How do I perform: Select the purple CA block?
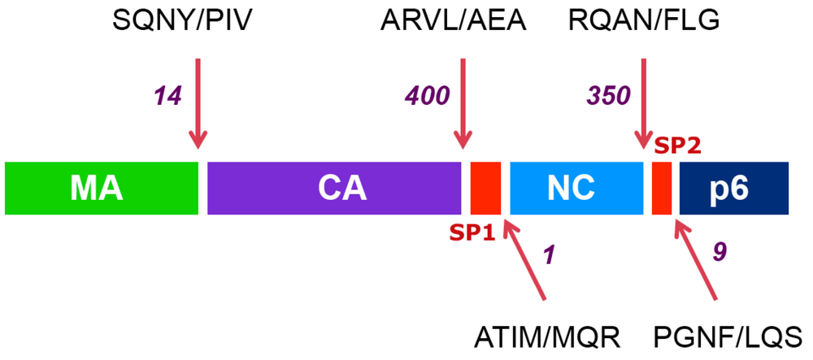coord(334,188)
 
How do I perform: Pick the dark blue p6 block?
coord(734,188)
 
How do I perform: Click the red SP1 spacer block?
coord(485,188)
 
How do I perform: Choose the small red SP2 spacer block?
coord(661,188)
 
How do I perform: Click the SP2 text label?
coord(677,146)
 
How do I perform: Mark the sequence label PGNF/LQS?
coord(728,335)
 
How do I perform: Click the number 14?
coord(170,96)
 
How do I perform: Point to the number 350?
coord(608,96)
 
